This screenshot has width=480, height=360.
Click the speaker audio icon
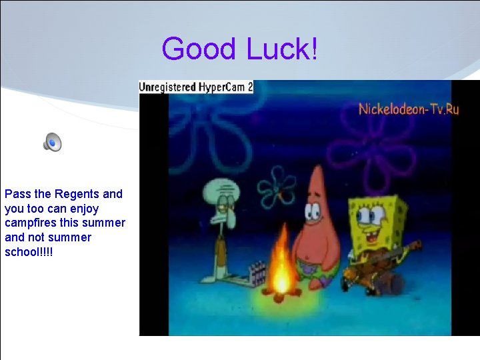tap(52, 141)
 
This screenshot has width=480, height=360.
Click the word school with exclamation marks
tap(29, 251)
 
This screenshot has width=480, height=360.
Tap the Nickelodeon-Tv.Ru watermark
tap(408, 109)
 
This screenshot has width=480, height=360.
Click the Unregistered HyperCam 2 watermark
tap(195, 87)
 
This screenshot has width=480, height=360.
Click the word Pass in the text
tap(17, 194)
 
